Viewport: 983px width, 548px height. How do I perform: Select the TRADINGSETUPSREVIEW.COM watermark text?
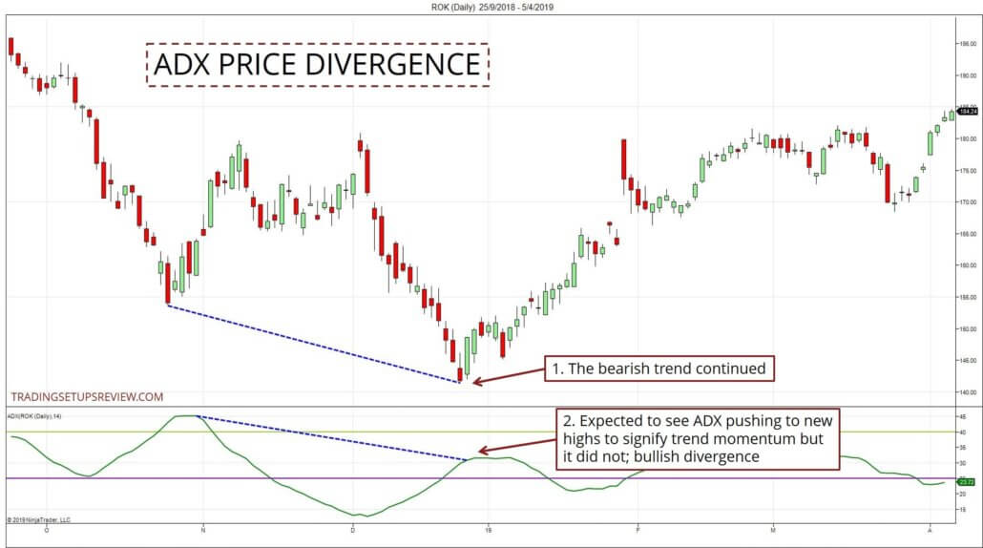coord(87,396)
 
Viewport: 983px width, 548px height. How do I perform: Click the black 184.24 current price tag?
coord(967,112)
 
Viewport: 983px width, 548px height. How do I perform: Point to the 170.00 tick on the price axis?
coord(967,202)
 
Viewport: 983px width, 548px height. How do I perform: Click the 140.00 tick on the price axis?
coord(967,392)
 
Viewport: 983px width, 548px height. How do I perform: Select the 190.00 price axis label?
coord(967,75)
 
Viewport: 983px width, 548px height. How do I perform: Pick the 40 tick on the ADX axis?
coord(962,432)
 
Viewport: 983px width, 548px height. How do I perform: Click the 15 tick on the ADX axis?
coord(962,510)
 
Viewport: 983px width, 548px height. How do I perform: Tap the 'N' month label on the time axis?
coord(203,529)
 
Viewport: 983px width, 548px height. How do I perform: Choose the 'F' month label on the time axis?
coord(637,529)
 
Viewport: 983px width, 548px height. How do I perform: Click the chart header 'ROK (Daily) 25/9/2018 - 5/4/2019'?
coord(491,7)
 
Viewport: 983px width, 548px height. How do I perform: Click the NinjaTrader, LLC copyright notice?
coord(39,520)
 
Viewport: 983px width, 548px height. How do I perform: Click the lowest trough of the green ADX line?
coord(364,516)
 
